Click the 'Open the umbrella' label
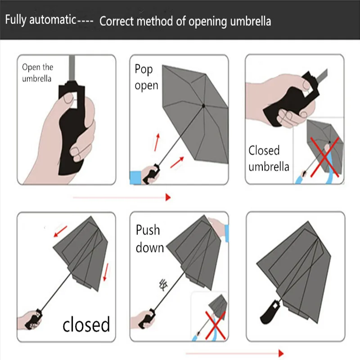pyautogui.click(x=37, y=73)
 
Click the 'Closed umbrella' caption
pyautogui.click(x=269, y=158)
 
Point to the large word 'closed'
pyautogui.click(x=86, y=324)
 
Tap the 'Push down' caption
pyautogui.click(x=149, y=238)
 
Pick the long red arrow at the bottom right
pyautogui.click(x=234, y=353)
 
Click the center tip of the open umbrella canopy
pyautogui.click(x=203, y=106)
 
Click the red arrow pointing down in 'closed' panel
pyautogui.click(x=105, y=272)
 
